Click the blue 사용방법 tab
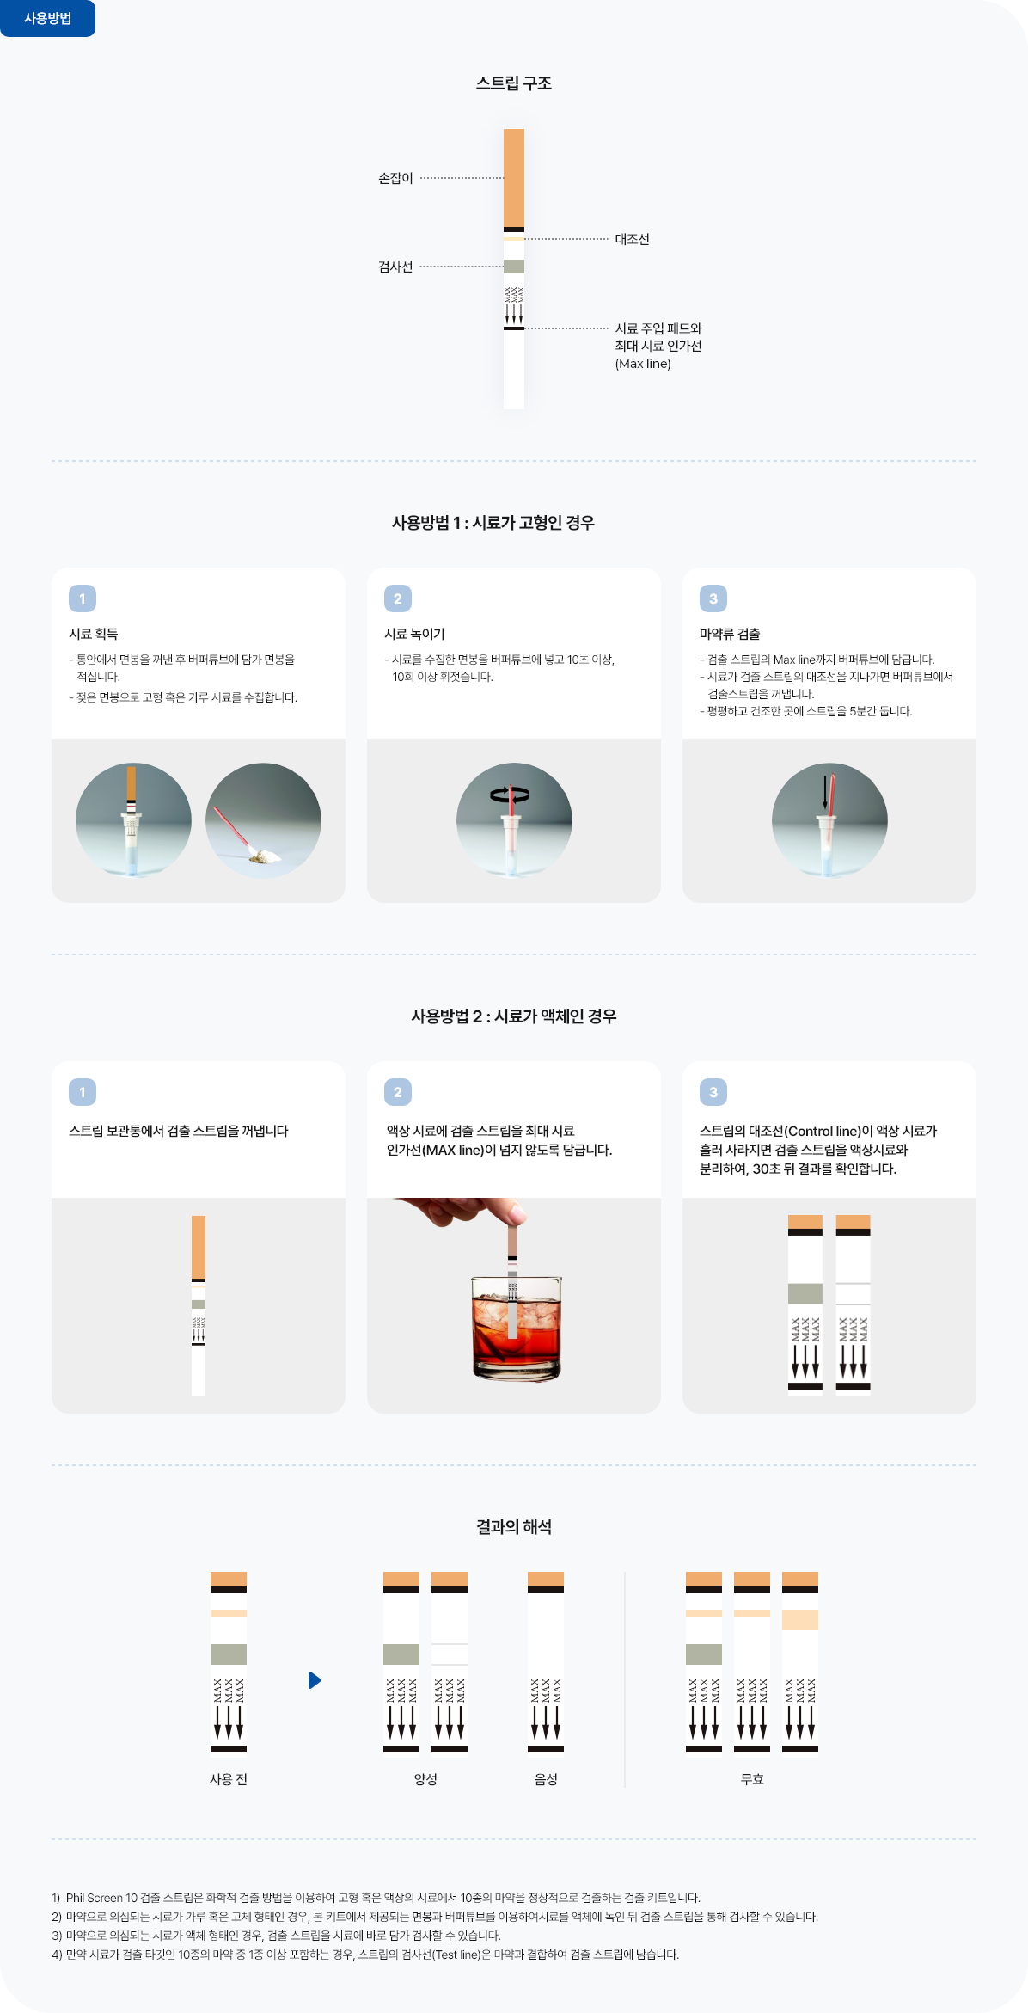click(47, 18)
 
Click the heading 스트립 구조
click(514, 83)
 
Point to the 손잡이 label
click(395, 178)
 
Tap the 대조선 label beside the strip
click(632, 239)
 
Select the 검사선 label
click(395, 267)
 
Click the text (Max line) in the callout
click(643, 364)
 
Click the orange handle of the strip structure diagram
click(514, 178)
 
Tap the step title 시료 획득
click(94, 634)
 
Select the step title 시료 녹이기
click(414, 634)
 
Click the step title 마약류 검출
click(730, 634)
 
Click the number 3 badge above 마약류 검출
click(713, 598)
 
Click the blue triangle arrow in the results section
click(315, 1680)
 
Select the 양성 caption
click(425, 1779)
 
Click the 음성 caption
click(546, 1779)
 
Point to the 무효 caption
click(752, 1779)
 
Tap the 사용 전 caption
click(229, 1779)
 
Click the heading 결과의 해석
click(514, 1527)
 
